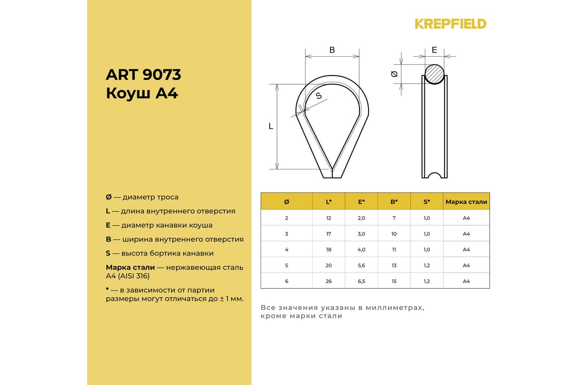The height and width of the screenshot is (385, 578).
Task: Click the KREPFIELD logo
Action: [x=450, y=24]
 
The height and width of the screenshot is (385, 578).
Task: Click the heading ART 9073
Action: [x=143, y=75]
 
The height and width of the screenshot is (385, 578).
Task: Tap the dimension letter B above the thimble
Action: [x=332, y=50]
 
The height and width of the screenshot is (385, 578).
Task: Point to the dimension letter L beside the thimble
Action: [x=271, y=126]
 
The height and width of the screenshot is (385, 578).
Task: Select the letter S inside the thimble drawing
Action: [x=318, y=96]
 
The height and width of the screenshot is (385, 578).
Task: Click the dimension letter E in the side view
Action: [x=434, y=50]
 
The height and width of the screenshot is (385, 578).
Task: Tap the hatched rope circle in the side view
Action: [x=434, y=74]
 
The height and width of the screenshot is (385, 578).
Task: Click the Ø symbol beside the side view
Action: [x=394, y=74]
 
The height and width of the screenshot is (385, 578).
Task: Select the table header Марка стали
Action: [x=466, y=202]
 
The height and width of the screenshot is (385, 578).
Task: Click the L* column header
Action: [x=328, y=202]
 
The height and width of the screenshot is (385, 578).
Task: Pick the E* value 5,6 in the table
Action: [x=361, y=265]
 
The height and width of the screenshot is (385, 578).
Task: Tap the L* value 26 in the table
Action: [x=328, y=281]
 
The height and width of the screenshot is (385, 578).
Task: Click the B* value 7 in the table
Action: [x=394, y=218]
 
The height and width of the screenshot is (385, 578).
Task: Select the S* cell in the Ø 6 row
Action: [x=427, y=281]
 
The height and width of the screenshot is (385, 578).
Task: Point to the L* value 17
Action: [x=328, y=234]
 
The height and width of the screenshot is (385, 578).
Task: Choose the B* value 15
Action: [x=394, y=281]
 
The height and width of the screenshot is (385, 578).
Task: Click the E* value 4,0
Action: [x=361, y=249]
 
